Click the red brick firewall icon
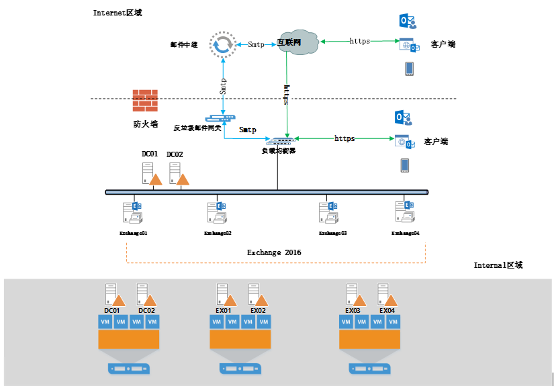(145, 101)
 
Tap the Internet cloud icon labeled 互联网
(296, 42)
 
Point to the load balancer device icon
(278, 141)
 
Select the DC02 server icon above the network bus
(178, 174)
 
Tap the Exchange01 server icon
(130, 212)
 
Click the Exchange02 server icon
(218, 212)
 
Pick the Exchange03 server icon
(328, 212)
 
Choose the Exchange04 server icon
(405, 211)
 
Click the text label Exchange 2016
(274, 252)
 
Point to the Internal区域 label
(498, 265)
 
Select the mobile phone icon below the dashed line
(405, 165)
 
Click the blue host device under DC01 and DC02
(128, 369)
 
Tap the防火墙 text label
(145, 124)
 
